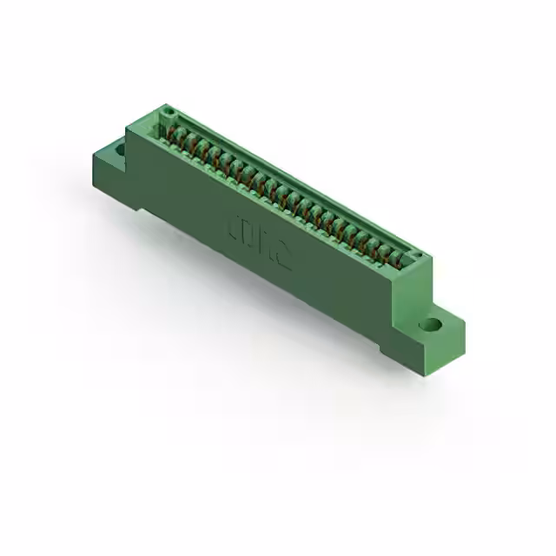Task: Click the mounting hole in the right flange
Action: [430, 327]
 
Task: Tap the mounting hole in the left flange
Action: [118, 149]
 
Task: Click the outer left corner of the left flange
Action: [93, 156]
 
